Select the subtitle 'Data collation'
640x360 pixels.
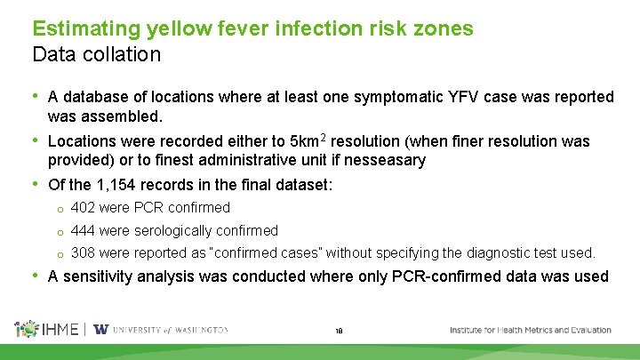[96, 54]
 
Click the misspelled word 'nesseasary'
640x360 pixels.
[404, 161]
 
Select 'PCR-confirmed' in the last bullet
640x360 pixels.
[444, 276]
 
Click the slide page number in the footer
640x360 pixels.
[340, 331]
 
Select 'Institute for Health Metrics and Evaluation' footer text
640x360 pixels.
[530, 330]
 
